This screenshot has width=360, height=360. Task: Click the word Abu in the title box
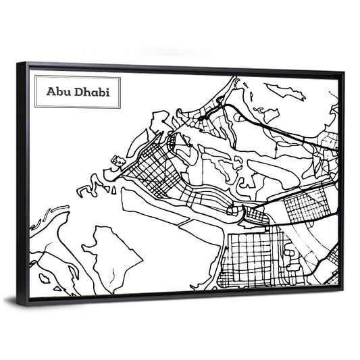coord(57,91)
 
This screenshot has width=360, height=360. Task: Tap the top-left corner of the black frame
coord(18,63)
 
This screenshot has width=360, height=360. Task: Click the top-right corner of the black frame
coord(342,73)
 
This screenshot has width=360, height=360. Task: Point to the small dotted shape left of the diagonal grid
coord(119,161)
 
